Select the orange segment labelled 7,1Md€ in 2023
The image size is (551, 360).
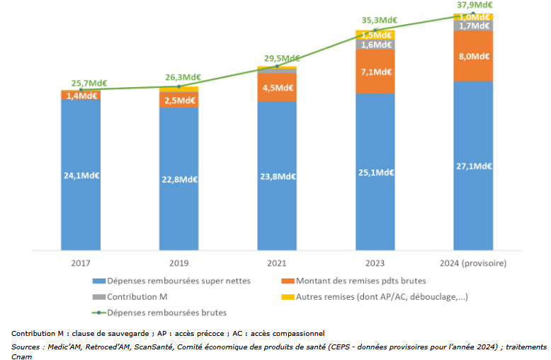click(375, 71)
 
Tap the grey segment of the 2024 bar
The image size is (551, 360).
click(472, 26)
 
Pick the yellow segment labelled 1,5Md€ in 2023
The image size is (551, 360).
click(375, 35)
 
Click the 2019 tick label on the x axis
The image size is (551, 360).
click(178, 262)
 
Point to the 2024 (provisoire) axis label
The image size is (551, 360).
click(472, 262)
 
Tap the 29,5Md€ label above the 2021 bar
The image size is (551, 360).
click(277, 59)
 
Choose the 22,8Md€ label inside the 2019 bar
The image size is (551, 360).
click(178, 179)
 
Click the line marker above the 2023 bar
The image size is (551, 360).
click(375, 30)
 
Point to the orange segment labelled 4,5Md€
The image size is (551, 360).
click(277, 88)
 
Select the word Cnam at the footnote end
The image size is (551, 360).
click(21, 356)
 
